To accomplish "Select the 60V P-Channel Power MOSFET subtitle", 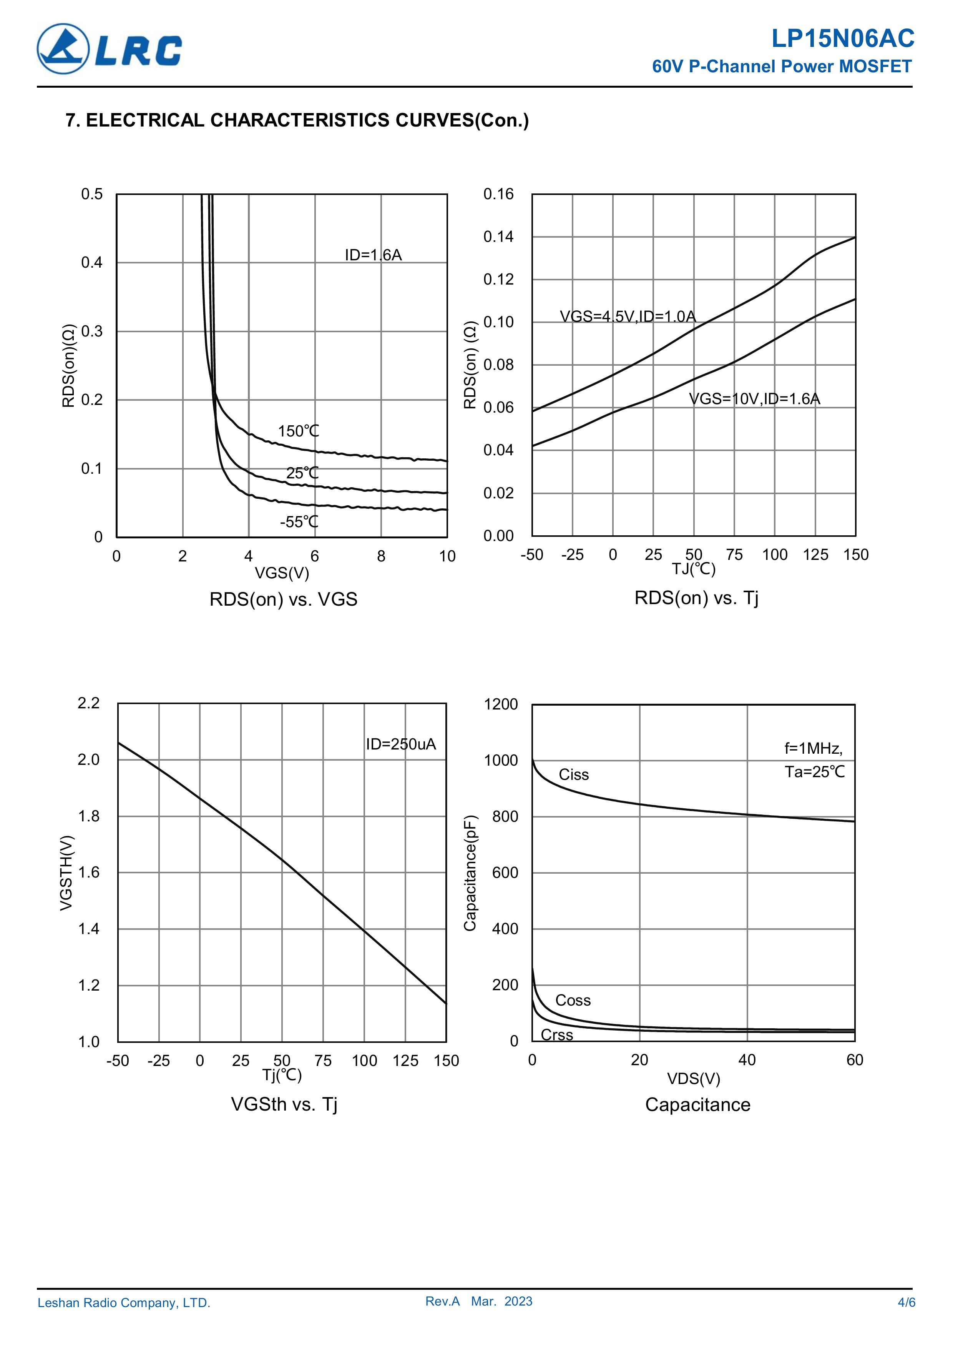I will (782, 67).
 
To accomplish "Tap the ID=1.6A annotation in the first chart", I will (373, 255).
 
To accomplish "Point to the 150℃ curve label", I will (298, 431).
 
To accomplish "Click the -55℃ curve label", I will (299, 522).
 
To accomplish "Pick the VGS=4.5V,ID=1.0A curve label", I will (627, 317).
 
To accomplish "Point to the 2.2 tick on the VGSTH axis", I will (89, 703).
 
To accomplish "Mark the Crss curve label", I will (557, 1035).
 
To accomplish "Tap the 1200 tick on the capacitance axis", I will (501, 704).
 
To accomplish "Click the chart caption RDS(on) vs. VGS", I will (283, 599).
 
